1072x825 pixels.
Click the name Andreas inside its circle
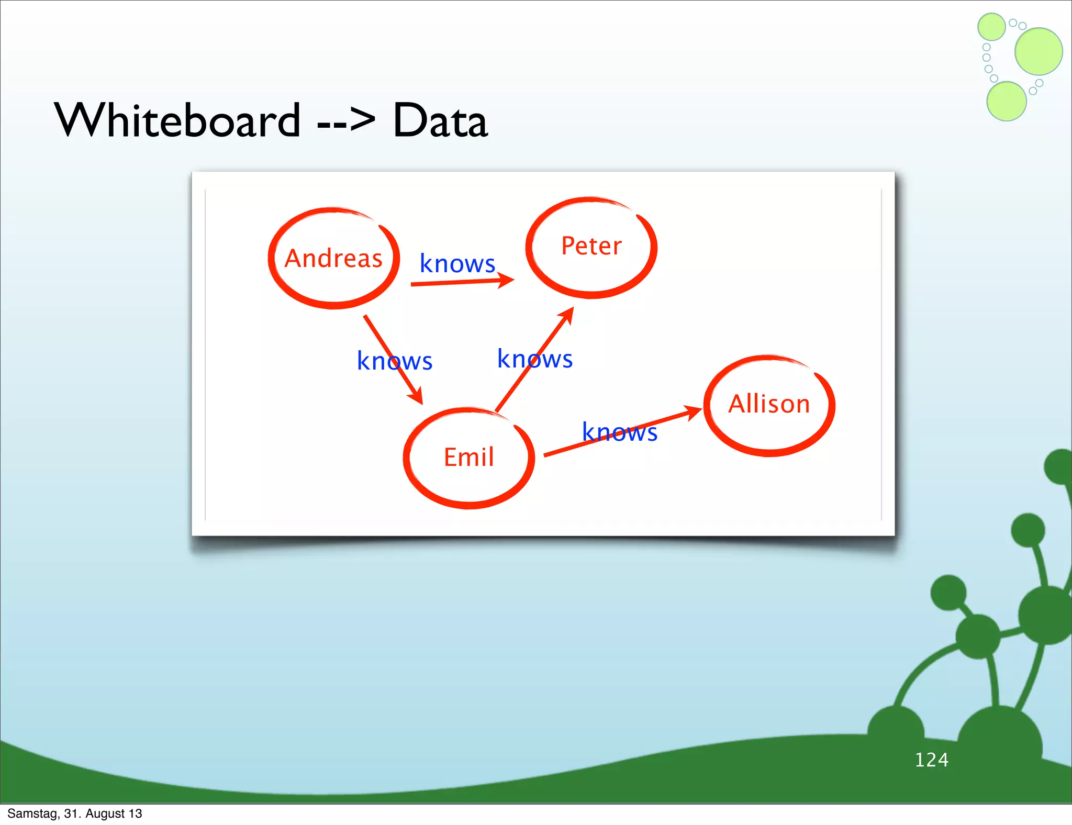pos(333,259)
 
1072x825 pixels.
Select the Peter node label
pos(591,246)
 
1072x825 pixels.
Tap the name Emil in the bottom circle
pos(468,457)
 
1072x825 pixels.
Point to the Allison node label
pos(769,404)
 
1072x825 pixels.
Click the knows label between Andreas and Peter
pos(457,263)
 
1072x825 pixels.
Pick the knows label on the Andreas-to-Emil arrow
pos(394,361)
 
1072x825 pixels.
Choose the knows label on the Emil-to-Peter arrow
pos(534,359)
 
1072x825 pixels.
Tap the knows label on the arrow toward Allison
pos(619,432)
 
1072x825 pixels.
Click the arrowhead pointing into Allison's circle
pos(694,412)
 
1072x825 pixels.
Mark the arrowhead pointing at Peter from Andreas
pos(506,280)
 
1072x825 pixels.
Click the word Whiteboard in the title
pos(177,120)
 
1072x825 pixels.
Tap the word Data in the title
pos(440,121)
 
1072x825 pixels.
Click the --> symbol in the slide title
pos(346,121)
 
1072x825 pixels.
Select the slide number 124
pos(931,760)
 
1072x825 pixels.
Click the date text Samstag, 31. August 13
pos(74,813)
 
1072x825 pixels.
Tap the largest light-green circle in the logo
pos(1038,51)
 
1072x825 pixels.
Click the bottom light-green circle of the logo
pos(1006,102)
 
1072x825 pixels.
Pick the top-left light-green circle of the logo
pos(991,27)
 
